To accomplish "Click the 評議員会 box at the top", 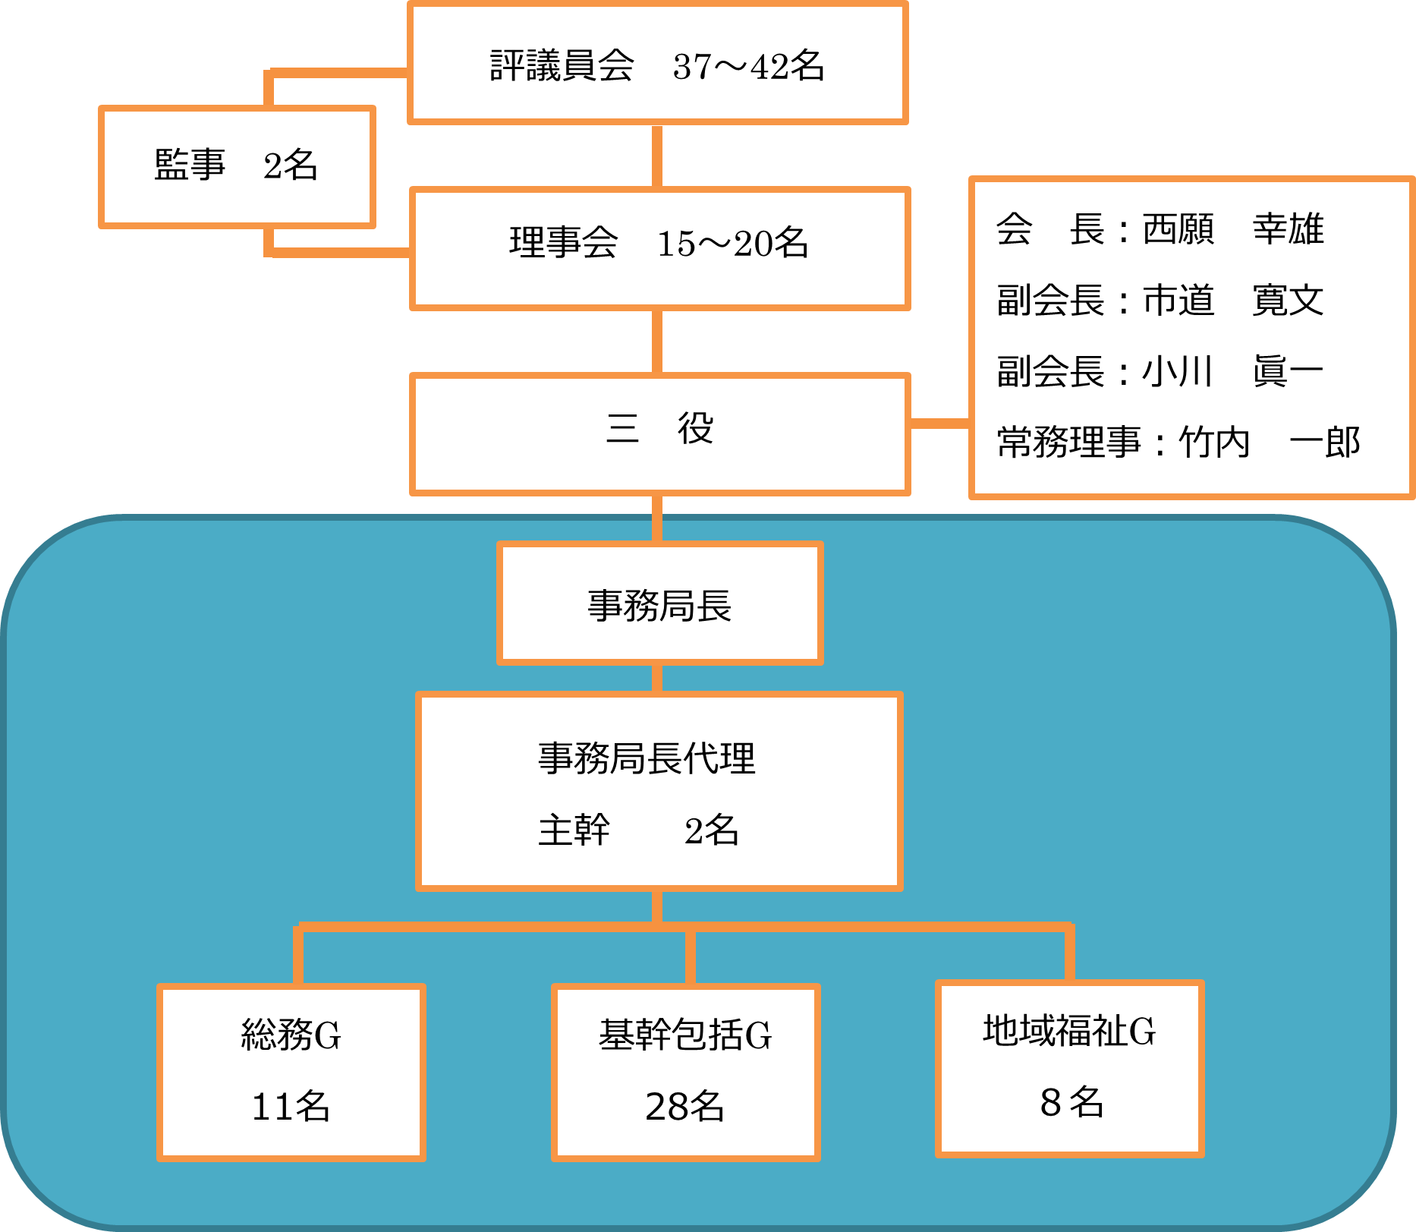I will [657, 65].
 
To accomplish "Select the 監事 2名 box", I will [237, 165].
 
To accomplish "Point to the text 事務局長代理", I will [647, 758].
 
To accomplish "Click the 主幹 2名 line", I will [637, 830].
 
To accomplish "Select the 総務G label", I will [291, 1035].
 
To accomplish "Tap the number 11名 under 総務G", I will [291, 1106].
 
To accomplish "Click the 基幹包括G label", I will [684, 1035].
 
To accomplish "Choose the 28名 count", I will [684, 1106].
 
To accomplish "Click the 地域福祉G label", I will [1069, 1031].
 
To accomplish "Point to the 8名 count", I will [1071, 1102].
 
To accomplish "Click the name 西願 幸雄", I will [1233, 228].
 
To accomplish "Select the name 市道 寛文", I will [1233, 300].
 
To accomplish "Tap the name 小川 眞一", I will [1233, 371].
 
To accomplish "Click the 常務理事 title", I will [1068, 443].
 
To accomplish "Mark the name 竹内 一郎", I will [1269, 443].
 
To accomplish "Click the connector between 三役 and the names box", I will [939, 423].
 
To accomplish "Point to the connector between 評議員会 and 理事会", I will [657, 156].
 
